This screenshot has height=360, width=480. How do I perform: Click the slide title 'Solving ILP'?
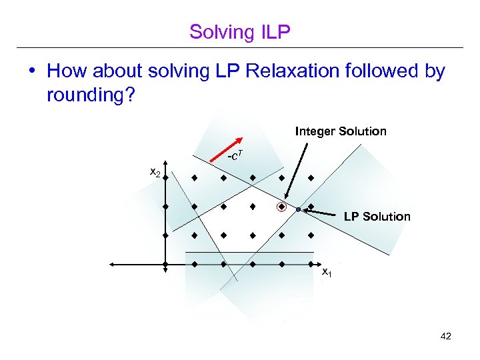pyautogui.click(x=240, y=31)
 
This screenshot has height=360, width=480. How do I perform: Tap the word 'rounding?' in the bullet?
pyautogui.click(x=91, y=96)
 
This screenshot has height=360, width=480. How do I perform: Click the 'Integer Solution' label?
pyautogui.click(x=340, y=131)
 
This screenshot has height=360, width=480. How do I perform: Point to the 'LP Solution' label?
pyautogui.click(x=377, y=217)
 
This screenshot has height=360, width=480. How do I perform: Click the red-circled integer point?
pyautogui.click(x=282, y=207)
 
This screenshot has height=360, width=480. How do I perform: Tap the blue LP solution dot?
pyautogui.click(x=298, y=209)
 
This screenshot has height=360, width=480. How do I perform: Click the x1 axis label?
pyautogui.click(x=327, y=272)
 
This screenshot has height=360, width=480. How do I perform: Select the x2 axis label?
pyautogui.click(x=154, y=173)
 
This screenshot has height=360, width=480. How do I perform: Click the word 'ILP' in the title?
pyautogui.click(x=274, y=31)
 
